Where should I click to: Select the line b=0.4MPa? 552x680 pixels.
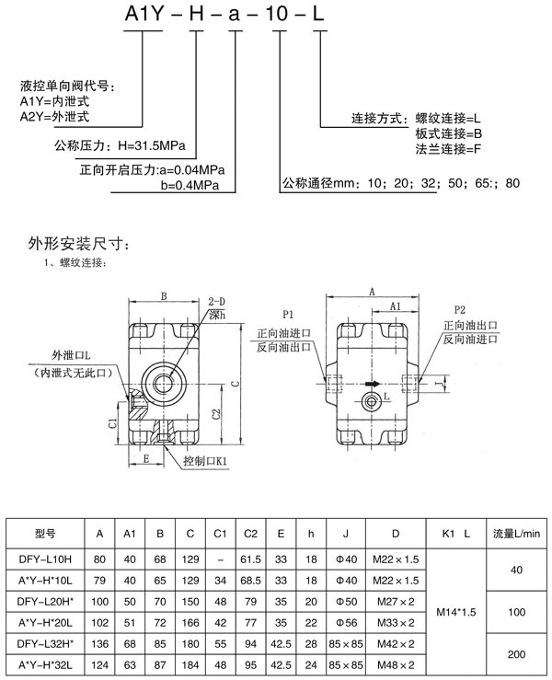click(189, 185)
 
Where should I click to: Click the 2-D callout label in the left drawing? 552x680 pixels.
click(217, 302)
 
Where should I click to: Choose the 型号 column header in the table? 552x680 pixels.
click(46, 533)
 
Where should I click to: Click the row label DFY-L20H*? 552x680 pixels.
click(46, 600)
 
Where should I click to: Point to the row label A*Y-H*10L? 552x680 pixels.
click(46, 579)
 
